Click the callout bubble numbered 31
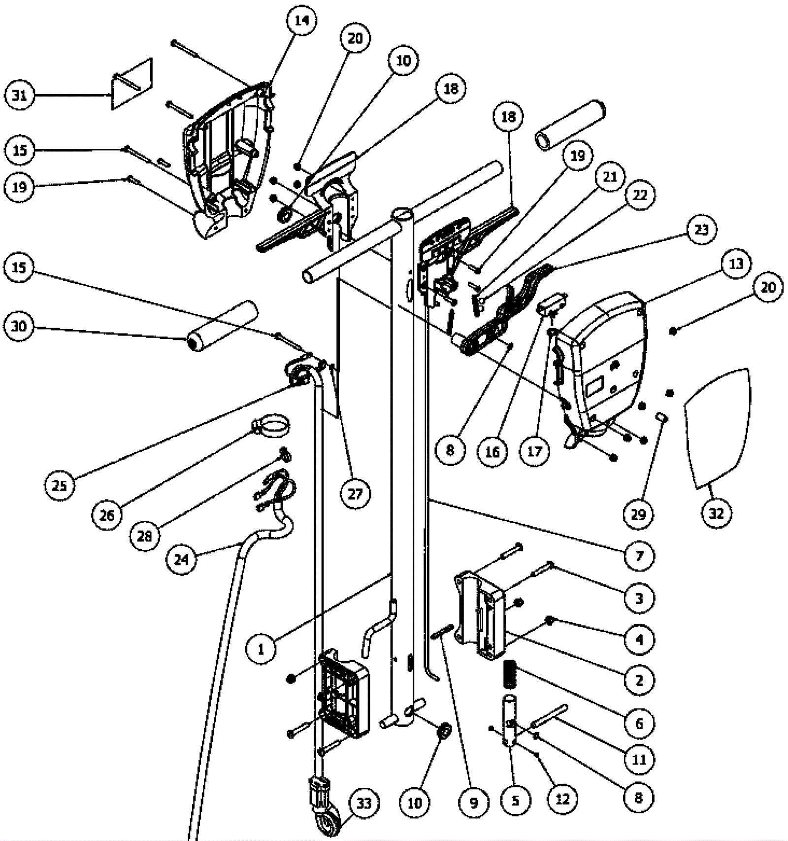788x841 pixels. click(20, 95)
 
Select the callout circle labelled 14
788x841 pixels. click(301, 21)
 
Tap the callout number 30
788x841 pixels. click(20, 326)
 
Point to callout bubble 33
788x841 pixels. click(364, 804)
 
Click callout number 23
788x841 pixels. click(701, 230)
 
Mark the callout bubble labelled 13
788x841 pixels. click(736, 264)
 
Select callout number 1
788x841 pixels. click(261, 649)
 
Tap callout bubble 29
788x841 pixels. click(638, 514)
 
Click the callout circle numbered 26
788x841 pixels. click(107, 515)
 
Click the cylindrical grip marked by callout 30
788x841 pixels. click(223, 326)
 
